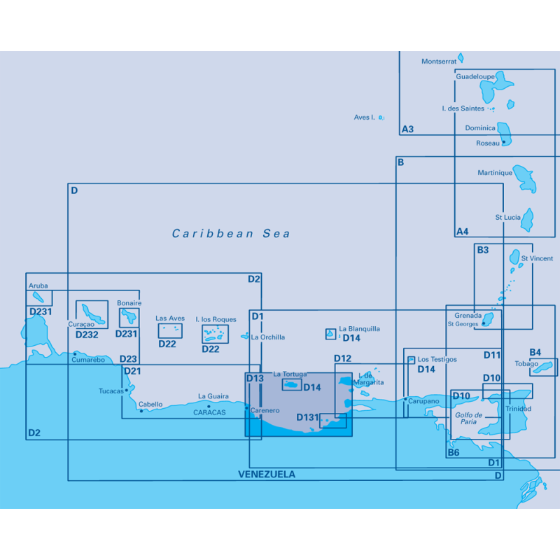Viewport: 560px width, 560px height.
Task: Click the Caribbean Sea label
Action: click(231, 234)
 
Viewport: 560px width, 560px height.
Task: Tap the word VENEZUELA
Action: click(267, 475)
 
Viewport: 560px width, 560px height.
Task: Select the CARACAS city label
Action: click(210, 413)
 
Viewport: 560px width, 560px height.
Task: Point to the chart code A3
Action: click(407, 129)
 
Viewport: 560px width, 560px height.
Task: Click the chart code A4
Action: click(462, 232)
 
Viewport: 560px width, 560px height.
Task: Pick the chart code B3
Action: click(482, 250)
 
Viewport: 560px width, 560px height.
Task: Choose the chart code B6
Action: click(454, 452)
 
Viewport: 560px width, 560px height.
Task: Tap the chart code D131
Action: click(307, 417)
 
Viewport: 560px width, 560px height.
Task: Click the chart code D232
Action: click(87, 335)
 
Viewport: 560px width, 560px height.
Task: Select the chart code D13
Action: click(254, 379)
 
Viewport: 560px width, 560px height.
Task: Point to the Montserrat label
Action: click(439, 62)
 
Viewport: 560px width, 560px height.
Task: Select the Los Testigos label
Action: click(437, 360)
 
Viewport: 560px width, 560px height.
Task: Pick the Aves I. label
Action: click(365, 118)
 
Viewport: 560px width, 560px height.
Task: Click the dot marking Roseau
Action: click(503, 142)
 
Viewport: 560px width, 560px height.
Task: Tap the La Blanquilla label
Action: click(359, 328)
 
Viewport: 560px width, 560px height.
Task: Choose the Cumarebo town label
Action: click(89, 360)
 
